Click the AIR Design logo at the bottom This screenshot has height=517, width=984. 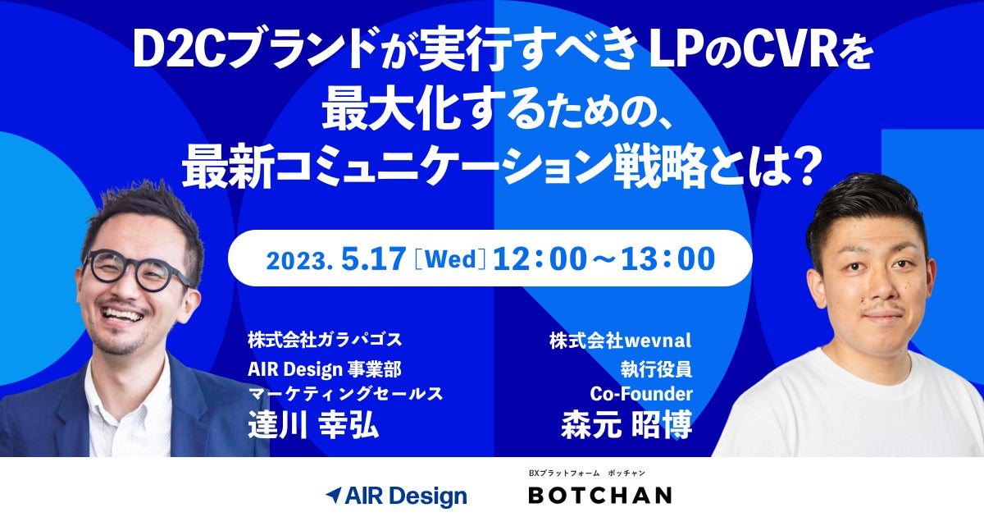[396, 496]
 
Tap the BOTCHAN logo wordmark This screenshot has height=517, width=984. [600, 495]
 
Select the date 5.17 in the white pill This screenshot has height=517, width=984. [373, 258]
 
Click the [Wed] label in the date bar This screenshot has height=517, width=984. [450, 259]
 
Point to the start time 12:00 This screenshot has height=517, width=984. [540, 258]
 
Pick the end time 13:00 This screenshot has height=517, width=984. [667, 258]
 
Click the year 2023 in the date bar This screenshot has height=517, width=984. [298, 261]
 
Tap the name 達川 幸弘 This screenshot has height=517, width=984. [313, 424]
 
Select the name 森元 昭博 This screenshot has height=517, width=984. [626, 424]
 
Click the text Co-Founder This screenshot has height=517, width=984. [641, 394]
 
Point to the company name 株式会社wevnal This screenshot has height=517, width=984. [620, 341]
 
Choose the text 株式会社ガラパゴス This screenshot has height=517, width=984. [325, 340]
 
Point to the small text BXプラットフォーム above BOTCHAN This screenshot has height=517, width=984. [564, 474]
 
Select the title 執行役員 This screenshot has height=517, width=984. [656, 369]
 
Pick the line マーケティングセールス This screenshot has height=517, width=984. [345, 394]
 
